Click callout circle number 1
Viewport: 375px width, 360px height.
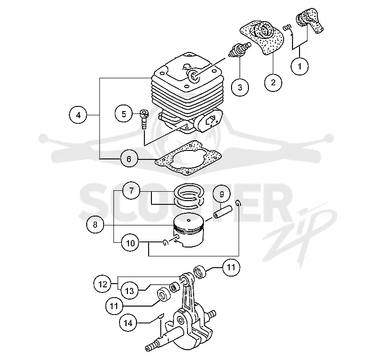300,66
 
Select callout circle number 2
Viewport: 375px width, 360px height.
273,82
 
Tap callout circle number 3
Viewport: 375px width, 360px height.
240,87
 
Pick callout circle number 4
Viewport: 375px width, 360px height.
78,115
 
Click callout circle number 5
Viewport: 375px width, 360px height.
124,114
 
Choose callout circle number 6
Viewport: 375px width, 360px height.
129,159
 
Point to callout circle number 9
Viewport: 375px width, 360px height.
222,194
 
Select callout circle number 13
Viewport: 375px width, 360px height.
129,291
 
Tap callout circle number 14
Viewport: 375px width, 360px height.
128,323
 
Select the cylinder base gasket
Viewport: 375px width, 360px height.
188,158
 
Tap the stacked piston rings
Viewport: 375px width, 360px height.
189,195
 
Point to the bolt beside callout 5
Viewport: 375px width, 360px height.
144,120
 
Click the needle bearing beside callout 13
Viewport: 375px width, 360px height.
174,287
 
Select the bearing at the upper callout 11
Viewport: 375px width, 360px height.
200,272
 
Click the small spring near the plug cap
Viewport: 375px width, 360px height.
287,28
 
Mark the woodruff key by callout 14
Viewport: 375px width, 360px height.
161,316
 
